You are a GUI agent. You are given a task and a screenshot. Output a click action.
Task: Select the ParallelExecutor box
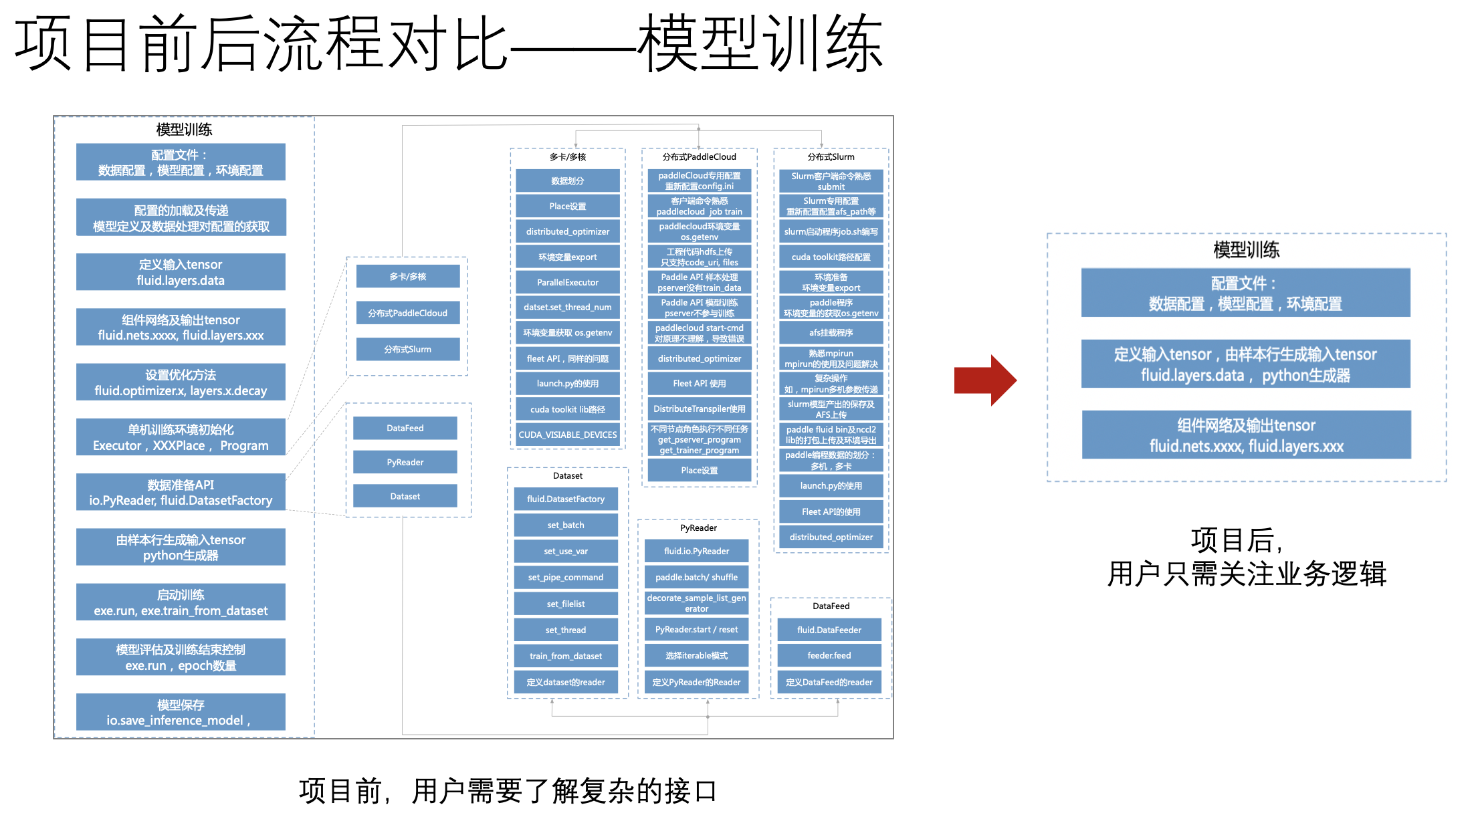click(567, 282)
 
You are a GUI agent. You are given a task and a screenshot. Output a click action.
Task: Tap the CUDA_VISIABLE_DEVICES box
click(567, 435)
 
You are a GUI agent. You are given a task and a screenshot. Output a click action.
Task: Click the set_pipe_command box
click(565, 577)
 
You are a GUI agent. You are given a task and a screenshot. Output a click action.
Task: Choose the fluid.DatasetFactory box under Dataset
click(565, 499)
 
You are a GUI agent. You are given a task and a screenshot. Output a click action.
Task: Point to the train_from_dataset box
click(565, 656)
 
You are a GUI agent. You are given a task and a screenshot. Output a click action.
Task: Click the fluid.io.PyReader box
click(696, 551)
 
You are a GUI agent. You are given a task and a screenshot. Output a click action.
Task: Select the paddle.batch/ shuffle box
click(696, 577)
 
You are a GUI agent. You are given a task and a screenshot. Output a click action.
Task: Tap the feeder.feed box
click(829, 655)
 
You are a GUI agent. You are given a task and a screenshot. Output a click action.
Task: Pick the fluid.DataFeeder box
click(829, 630)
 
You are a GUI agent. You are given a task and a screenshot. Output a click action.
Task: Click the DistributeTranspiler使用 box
click(699, 408)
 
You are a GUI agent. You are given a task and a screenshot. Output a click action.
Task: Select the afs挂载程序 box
click(831, 332)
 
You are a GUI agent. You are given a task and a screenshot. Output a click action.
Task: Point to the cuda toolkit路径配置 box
click(831, 257)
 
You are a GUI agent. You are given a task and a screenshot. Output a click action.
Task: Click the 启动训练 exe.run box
click(181, 602)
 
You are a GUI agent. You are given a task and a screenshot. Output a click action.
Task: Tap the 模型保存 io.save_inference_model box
click(181, 712)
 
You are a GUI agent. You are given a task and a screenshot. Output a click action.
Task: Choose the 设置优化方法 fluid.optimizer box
click(181, 382)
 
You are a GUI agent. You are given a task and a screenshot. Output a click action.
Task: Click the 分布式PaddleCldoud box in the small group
click(407, 313)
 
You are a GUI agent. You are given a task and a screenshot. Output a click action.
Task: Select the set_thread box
click(565, 630)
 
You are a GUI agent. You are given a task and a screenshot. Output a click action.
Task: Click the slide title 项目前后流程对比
click(448, 44)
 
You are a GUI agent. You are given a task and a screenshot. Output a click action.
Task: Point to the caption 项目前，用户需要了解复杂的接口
click(508, 791)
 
